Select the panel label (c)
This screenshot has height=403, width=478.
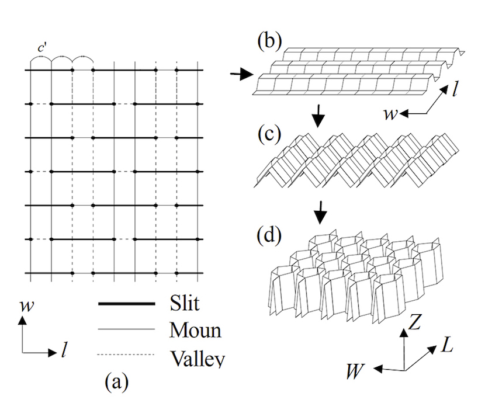269,133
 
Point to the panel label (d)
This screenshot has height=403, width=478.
269,236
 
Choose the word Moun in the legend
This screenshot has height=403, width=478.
195,330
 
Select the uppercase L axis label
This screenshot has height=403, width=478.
447,345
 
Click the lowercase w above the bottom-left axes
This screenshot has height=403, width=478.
25,305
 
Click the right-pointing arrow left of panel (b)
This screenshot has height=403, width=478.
241,74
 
